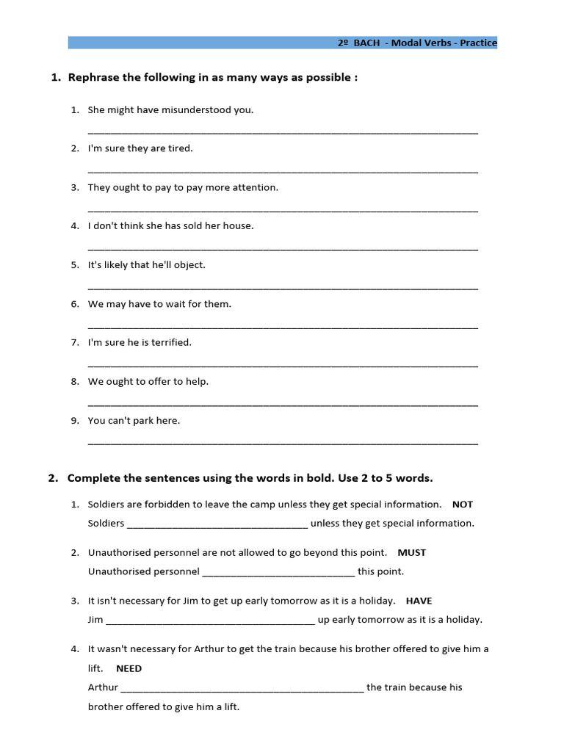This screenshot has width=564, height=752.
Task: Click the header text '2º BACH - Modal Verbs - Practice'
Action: point(417,43)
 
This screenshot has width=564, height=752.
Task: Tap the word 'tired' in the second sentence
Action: point(180,148)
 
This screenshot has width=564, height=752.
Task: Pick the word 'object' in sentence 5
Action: point(189,265)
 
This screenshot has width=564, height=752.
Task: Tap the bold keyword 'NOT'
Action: point(463,505)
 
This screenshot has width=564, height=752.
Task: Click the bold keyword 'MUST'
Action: point(411,552)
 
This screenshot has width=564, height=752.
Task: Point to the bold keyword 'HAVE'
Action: point(419,601)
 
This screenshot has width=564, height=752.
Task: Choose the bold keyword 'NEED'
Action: point(129,668)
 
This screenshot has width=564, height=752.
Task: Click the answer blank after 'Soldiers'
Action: point(217,525)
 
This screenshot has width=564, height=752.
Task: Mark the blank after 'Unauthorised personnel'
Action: point(278,573)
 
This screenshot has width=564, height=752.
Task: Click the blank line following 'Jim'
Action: point(211,621)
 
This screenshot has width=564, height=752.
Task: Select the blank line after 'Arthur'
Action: point(242,689)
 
